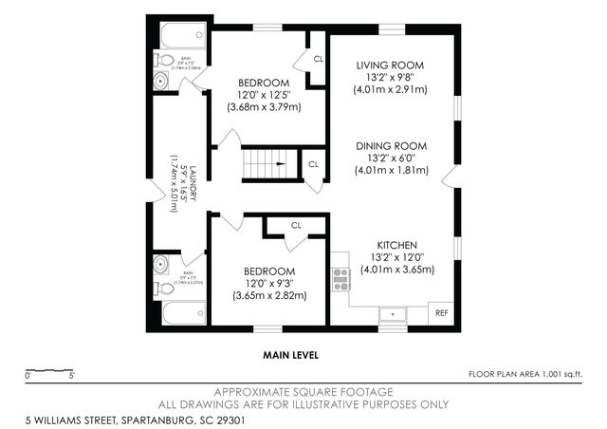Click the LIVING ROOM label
(x=390, y=65)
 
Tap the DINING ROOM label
(x=391, y=146)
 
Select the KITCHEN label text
(x=396, y=245)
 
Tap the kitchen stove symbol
(x=340, y=278)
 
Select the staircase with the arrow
(x=269, y=164)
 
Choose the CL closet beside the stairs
(x=312, y=164)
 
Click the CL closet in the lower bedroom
(x=295, y=226)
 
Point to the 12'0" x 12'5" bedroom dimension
(x=264, y=95)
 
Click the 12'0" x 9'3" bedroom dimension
(x=269, y=283)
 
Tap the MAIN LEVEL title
(x=290, y=355)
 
